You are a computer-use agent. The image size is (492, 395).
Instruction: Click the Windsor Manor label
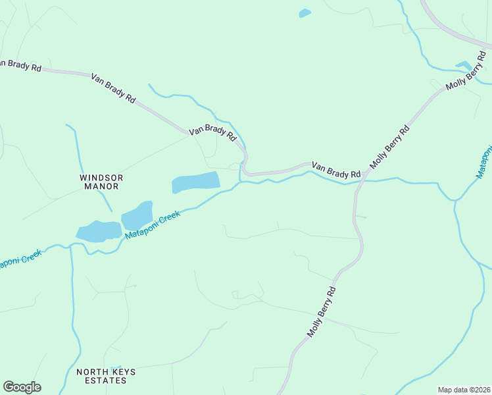[x=101, y=182]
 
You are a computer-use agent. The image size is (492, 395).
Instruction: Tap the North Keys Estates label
[x=106, y=376]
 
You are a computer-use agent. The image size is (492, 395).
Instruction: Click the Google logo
[x=22, y=387]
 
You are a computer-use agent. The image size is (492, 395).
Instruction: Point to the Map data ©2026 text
[x=463, y=390]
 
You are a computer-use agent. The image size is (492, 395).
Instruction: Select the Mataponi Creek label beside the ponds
[x=153, y=224]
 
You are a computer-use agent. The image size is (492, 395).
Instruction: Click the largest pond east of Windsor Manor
[x=195, y=182]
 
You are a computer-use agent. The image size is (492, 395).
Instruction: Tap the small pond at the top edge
[x=305, y=13]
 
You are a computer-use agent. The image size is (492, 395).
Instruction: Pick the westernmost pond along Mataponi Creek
[x=99, y=231]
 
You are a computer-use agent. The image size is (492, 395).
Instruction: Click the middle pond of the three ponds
[x=137, y=215]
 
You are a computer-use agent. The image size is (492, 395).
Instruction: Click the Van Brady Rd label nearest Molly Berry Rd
[x=336, y=170]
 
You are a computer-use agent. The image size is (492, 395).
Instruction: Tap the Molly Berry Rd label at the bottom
[x=322, y=311]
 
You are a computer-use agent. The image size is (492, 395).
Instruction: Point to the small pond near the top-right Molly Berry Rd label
[x=463, y=65]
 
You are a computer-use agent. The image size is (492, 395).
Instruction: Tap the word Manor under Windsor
[x=101, y=186]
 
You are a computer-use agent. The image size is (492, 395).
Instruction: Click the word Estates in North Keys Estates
[x=106, y=381]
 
